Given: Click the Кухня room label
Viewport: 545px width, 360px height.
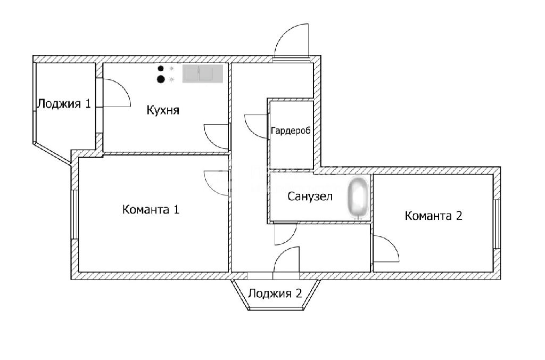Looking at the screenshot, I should [163, 111].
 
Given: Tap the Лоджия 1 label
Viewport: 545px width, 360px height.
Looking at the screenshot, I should [63, 104].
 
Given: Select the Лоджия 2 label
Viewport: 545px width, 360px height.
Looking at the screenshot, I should [275, 293].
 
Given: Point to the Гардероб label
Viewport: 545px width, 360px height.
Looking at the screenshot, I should [291, 131].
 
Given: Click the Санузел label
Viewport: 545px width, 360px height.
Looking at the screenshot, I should [310, 197].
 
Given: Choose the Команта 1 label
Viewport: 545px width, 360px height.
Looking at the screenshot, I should [151, 209].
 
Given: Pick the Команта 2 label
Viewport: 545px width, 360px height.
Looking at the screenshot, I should [433, 216].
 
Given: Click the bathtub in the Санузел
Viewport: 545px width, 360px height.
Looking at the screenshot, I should [358, 198].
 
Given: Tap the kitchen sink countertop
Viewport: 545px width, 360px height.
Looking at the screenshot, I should [203, 74].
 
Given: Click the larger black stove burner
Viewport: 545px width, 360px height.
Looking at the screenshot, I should [161, 80].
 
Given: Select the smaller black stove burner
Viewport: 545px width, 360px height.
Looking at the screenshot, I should [160, 69].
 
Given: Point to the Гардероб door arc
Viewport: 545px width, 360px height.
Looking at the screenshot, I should [255, 126].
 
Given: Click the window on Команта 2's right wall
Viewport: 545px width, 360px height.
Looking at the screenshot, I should [496, 224].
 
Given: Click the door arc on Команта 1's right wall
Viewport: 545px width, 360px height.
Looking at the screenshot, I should [217, 183].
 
